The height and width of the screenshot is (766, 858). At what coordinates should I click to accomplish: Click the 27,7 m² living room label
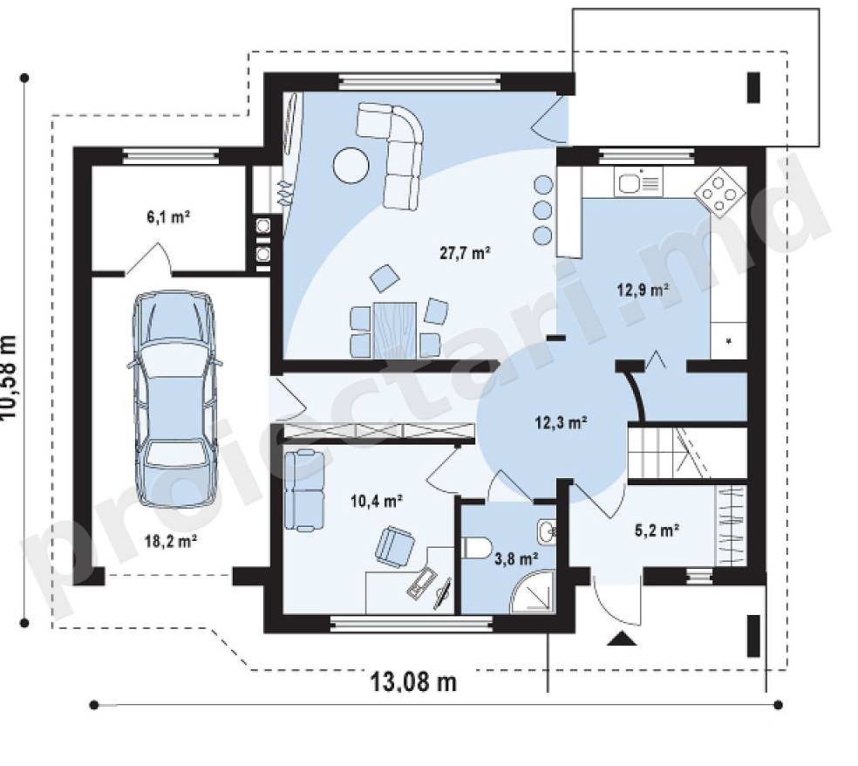[x=465, y=252]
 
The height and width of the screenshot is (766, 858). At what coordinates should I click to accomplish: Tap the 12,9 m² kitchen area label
[x=643, y=289]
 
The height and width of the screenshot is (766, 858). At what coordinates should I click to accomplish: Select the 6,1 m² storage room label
[x=168, y=217]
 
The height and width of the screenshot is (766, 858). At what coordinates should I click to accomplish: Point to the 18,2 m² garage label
[x=171, y=542]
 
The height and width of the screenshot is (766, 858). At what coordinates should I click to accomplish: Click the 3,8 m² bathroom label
[x=516, y=559]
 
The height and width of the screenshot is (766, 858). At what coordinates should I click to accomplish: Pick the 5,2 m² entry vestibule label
[x=657, y=530]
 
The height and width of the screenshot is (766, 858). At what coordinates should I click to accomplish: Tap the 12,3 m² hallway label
[x=562, y=422]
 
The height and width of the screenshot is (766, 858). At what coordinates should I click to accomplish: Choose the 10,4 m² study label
[x=378, y=500]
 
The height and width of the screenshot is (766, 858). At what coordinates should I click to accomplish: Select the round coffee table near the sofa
[x=351, y=167]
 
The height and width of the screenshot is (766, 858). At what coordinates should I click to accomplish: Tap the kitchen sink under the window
[x=638, y=182]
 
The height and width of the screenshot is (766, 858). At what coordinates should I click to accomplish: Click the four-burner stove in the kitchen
[x=719, y=190]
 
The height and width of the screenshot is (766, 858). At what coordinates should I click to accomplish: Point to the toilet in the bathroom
[x=476, y=548]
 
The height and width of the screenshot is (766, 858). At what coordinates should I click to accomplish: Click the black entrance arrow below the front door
[x=622, y=639]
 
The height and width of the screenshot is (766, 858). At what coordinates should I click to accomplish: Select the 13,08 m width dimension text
[x=413, y=682]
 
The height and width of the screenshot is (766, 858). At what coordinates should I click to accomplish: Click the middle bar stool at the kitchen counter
[x=543, y=209]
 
